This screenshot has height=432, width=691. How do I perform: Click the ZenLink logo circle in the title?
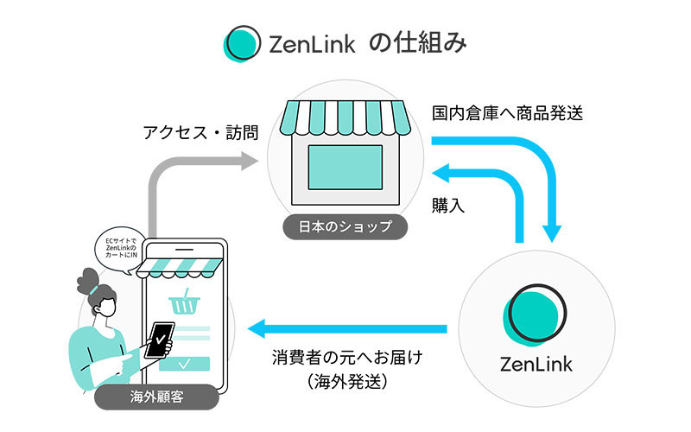243,43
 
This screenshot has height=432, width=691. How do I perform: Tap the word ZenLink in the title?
312,45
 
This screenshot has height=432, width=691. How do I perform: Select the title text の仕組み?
417,43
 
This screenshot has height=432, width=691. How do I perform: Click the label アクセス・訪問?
201,133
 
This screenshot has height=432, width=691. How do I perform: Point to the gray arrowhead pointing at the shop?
250,161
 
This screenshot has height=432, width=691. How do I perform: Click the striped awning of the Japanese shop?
345,118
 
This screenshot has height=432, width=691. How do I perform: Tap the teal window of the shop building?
345,168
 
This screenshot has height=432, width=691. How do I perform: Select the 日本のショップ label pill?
345,227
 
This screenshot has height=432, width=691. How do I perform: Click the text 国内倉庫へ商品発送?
508,113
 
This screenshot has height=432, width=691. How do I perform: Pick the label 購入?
448,206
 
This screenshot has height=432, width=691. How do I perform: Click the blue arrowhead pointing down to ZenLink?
551,233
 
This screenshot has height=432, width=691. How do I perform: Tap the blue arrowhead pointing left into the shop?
441,173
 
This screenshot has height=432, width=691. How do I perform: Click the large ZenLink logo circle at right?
535,314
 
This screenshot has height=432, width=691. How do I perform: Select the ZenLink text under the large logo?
536,365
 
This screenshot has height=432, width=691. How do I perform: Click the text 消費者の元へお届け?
347,358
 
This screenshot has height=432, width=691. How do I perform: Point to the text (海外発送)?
347,382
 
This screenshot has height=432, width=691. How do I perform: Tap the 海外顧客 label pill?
157,397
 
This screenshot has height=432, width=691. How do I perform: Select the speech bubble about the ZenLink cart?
121,249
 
